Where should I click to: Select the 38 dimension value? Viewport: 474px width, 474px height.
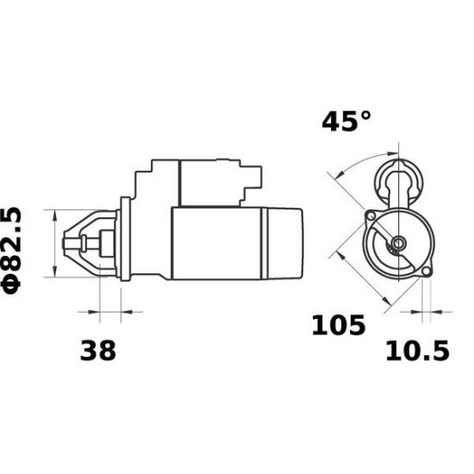coord(97,351)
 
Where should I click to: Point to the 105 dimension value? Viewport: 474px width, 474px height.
coord(339,326)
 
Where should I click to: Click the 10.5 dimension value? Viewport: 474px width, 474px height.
coord(417,351)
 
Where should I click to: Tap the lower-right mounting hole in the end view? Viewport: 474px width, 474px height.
coord(425,273)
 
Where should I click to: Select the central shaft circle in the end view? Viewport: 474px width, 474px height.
coord(397,244)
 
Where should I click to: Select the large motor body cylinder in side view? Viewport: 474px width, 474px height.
coord(220,243)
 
